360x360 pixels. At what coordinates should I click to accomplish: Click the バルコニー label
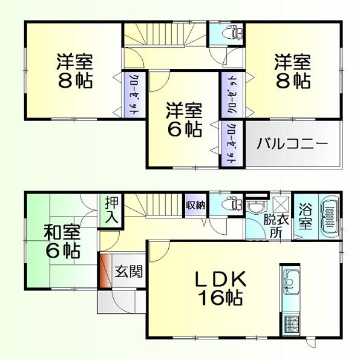point(292,145)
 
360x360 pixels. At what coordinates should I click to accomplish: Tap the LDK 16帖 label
point(219,287)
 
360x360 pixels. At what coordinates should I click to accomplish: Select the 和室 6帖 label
point(61,241)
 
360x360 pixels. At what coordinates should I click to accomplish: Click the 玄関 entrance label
point(129,271)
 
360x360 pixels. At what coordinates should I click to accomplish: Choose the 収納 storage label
point(195,205)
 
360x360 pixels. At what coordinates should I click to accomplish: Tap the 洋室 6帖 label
point(185,120)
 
